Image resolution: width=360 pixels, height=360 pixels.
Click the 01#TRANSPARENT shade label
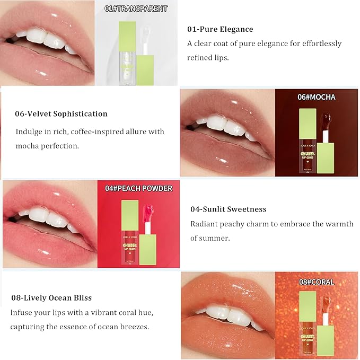136,8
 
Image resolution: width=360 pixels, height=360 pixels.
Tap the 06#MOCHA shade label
316,97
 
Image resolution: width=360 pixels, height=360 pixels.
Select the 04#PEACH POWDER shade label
138,188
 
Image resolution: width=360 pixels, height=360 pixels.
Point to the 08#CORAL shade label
317,282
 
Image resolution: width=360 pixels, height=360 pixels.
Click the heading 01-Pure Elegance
220,29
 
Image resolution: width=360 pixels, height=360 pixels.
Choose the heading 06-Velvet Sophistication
61,113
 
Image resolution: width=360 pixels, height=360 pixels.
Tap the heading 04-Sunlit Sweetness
228,209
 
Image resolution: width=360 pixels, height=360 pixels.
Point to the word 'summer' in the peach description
215,238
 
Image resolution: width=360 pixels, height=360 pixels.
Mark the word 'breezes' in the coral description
133,327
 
